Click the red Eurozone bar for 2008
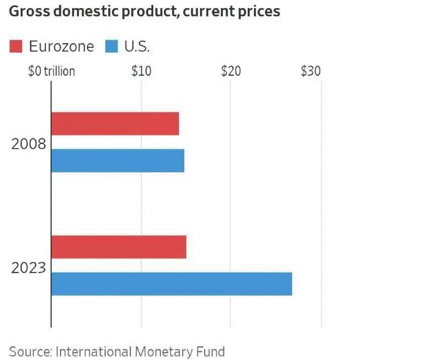pyautogui.click(x=115, y=124)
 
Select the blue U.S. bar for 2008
pyautogui.click(x=118, y=161)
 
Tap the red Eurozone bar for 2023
pyautogui.click(x=119, y=247)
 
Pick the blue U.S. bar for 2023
pyautogui.click(x=171, y=284)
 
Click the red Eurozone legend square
pyautogui.click(x=16, y=47)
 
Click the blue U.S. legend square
pyautogui.click(x=112, y=47)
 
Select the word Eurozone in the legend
pyautogui.click(x=61, y=47)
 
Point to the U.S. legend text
pyautogui.click(x=137, y=47)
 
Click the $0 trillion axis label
pyautogui.click(x=52, y=71)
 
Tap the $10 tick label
pyautogui.click(x=142, y=71)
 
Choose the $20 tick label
pyautogui.click(x=231, y=71)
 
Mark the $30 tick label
pyautogui.click(x=311, y=71)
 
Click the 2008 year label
pyautogui.click(x=29, y=145)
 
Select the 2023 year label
pyautogui.click(x=29, y=268)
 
